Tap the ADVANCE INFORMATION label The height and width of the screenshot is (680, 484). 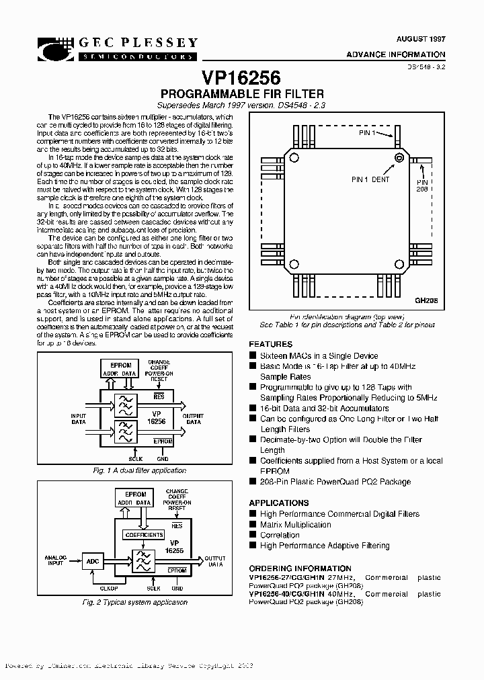pos(396,54)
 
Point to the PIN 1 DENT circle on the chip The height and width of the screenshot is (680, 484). pos(399,158)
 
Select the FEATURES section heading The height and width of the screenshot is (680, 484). pos(270,343)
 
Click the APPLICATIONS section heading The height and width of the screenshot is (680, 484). pos(279,503)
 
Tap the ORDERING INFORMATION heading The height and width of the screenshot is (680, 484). pos(300,568)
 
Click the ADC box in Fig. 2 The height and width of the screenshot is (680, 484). pos(91,560)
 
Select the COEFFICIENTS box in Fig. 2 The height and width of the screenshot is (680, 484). pos(143,535)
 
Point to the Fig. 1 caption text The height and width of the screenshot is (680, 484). pos(139,471)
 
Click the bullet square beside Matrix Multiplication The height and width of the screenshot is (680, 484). pos(253,525)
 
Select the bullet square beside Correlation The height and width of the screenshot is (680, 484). pos(253,536)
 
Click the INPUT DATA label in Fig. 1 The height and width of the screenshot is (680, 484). pos(79,419)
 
